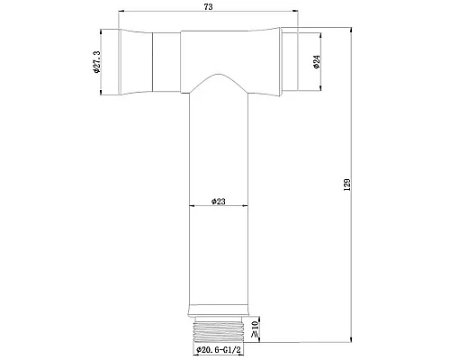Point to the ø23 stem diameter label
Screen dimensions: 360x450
(219, 202)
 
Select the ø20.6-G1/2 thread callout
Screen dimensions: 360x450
(219, 350)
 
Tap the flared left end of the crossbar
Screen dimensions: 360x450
(135, 61)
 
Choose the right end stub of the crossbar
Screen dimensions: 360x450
(292, 61)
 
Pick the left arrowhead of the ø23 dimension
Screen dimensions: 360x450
(192, 208)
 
